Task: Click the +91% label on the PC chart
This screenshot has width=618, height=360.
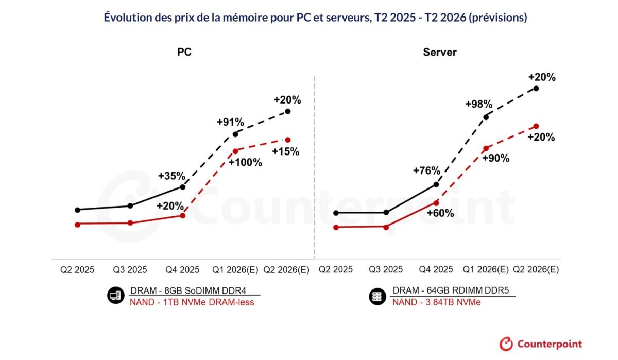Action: point(229,122)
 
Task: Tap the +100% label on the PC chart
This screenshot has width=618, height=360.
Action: point(245,163)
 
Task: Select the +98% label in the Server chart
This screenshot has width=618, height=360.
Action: point(478,104)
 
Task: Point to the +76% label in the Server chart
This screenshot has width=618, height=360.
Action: point(426,171)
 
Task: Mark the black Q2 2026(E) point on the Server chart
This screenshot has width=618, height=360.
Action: point(537,89)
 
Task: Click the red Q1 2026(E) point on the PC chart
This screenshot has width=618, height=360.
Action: point(235,151)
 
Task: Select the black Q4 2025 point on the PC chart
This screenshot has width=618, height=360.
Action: point(182,187)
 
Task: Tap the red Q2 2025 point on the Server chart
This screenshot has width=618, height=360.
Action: point(336,227)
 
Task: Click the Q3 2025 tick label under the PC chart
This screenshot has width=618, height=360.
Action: point(130,270)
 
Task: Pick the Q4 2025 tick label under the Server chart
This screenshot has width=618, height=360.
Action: point(436,270)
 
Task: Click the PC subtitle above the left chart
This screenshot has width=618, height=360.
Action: point(184,52)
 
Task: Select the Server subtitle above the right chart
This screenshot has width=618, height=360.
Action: point(439,52)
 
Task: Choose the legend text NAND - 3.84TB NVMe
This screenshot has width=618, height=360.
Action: point(436,302)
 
